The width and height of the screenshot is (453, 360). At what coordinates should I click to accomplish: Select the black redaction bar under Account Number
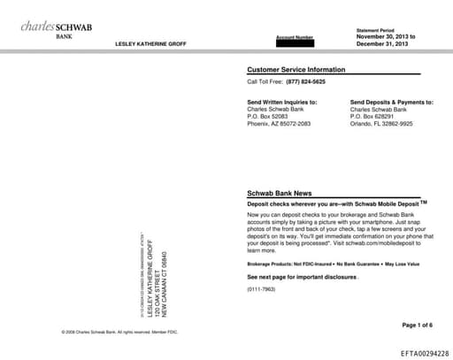tap(295, 43)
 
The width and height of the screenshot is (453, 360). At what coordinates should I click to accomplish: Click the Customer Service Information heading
tap(296, 69)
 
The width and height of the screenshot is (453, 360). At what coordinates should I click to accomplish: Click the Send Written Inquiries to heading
tap(281, 103)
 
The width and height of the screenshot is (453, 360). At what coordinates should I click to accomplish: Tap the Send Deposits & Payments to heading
tap(392, 103)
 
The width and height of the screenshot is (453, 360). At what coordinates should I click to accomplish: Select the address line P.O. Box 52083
tap(267, 117)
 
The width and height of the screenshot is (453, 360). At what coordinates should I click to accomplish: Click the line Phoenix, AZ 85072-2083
tap(279, 124)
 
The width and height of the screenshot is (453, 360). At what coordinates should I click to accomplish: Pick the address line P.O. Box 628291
tap(372, 117)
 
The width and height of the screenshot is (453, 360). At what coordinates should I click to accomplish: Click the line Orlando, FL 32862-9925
tap(381, 124)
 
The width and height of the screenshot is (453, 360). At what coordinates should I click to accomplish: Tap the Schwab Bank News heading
tap(279, 193)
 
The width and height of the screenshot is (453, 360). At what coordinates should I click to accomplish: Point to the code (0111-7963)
tap(262, 289)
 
